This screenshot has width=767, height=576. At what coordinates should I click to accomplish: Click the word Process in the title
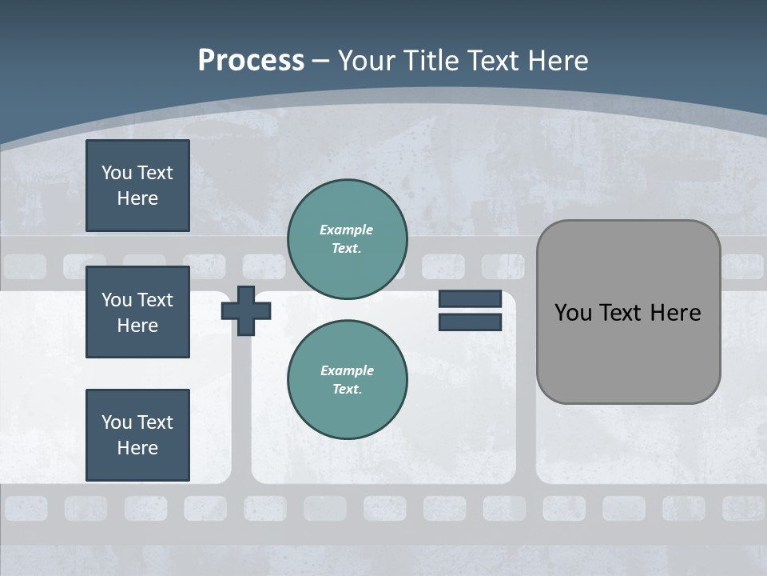click(251, 61)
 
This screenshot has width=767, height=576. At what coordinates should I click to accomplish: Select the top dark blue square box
click(137, 186)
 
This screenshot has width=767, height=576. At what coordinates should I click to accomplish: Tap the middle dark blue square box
click(137, 312)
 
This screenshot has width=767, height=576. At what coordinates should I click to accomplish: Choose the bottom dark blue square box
click(137, 435)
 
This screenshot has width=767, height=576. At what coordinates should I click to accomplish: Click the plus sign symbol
click(246, 310)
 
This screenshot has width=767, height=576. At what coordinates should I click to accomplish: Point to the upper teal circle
click(347, 239)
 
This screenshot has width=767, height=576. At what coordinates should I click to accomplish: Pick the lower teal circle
click(347, 380)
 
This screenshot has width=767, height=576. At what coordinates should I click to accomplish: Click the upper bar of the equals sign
click(470, 298)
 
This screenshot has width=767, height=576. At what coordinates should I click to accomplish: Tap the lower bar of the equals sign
click(470, 322)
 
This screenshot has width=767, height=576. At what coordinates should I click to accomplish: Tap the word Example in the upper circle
click(346, 230)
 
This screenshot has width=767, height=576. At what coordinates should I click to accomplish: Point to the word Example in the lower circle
click(347, 370)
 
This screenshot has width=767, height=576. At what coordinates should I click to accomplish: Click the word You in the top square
click(116, 173)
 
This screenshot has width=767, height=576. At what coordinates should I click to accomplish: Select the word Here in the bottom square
click(137, 448)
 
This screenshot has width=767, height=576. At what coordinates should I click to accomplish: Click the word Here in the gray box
click(677, 313)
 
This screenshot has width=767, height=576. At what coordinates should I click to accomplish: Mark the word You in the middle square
click(116, 300)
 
